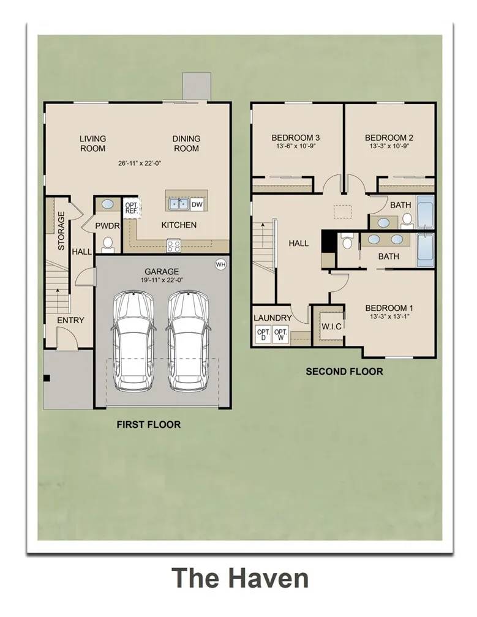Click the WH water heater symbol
point(220,264)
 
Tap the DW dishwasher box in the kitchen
point(197,204)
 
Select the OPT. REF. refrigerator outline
point(132,208)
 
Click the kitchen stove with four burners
point(173,245)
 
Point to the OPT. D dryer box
point(263,335)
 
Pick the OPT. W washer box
point(280,335)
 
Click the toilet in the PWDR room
point(107,245)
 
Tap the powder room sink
point(107,204)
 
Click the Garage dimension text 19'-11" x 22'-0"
point(162,280)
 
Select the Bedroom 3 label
point(295,138)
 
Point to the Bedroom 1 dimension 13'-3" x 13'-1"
point(389,316)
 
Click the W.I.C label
point(331,326)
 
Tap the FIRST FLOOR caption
point(149,425)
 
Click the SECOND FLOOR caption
point(344,372)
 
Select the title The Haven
point(240,578)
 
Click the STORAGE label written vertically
point(61,231)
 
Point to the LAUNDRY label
point(272,318)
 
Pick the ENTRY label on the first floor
point(71,320)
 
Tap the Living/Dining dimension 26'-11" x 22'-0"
point(140,163)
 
